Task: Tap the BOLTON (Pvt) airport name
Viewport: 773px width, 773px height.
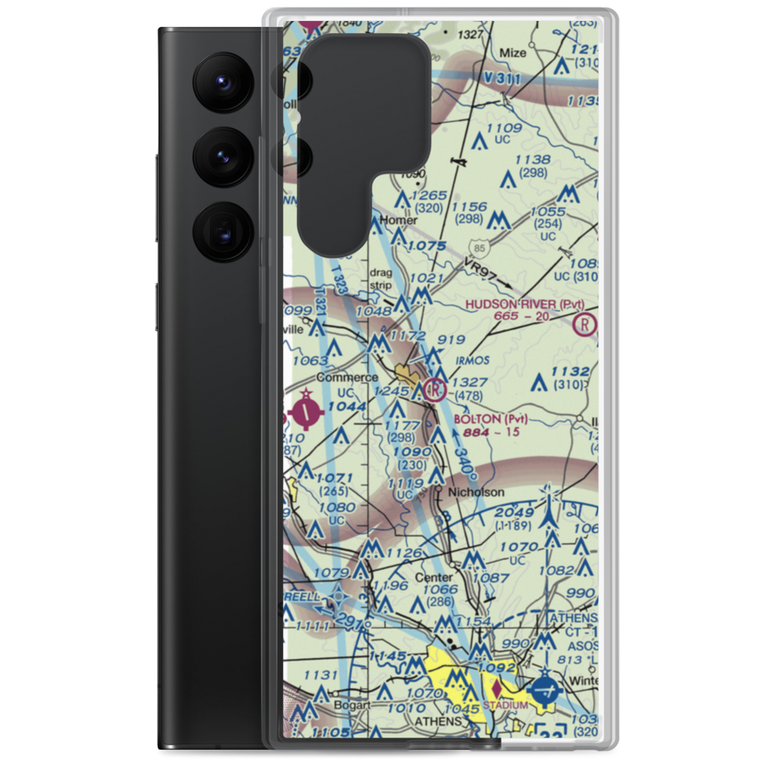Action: click(x=491, y=419)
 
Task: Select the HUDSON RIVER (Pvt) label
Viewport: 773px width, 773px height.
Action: click(x=525, y=304)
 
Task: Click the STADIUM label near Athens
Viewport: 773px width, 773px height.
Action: click(x=505, y=705)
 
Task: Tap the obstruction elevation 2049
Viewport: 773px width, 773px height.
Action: click(x=515, y=513)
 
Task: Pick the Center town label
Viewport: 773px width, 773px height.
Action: click(x=434, y=577)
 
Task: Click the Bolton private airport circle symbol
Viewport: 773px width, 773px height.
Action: click(x=435, y=389)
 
